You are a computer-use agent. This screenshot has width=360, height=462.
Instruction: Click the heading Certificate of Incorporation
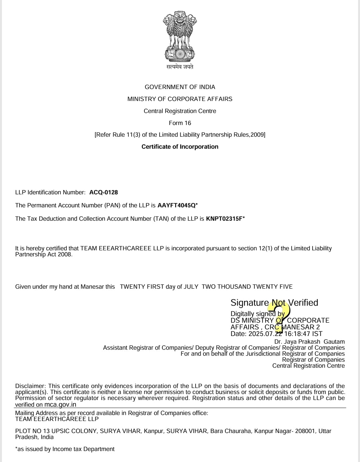(x=180, y=147)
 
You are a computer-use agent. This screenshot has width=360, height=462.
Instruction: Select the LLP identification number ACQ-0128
(x=103, y=192)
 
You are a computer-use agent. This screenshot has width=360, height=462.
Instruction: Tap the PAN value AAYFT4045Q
(x=176, y=205)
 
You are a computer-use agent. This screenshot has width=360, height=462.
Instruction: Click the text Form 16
(x=180, y=123)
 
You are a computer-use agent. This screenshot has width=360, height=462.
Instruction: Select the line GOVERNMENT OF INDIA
(x=180, y=87)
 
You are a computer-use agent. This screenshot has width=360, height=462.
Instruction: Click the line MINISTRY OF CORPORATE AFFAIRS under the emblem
(x=180, y=99)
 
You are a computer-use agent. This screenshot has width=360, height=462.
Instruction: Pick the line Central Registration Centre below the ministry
(x=180, y=111)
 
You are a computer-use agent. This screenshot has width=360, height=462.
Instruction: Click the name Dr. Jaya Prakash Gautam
(x=309, y=342)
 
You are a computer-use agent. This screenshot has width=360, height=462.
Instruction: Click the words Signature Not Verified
(x=274, y=303)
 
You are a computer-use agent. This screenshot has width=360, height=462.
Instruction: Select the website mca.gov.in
(x=60, y=405)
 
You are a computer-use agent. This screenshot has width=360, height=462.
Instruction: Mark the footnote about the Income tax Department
(x=65, y=449)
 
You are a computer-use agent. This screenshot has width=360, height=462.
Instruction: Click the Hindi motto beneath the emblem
(x=180, y=67)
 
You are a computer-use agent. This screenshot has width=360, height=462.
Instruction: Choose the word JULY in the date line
(x=191, y=287)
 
